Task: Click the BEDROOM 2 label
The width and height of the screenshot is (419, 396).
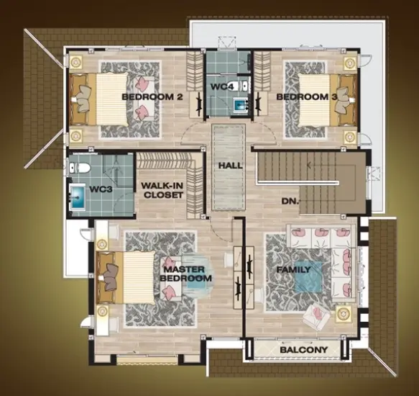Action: (152, 96)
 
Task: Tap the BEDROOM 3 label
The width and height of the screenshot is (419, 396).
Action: (307, 96)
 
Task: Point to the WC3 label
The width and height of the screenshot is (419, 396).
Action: (101, 189)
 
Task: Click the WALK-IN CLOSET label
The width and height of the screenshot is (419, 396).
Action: (163, 190)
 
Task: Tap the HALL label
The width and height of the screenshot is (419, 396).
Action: (231, 166)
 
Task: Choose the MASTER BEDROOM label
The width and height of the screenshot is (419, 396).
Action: (186, 274)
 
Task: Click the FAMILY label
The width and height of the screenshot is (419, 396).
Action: (293, 269)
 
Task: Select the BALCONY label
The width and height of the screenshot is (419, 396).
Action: (304, 350)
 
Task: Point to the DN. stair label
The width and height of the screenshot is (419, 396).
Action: (290, 201)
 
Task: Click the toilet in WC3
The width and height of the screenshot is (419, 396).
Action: (79, 168)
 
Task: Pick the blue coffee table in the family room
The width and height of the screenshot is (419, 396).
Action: (308, 277)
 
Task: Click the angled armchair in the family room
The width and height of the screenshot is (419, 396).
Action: (316, 317)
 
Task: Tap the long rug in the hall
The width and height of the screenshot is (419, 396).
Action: (229, 167)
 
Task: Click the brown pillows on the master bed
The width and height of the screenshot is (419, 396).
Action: (111, 277)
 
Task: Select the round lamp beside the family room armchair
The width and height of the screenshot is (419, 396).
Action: (343, 313)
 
